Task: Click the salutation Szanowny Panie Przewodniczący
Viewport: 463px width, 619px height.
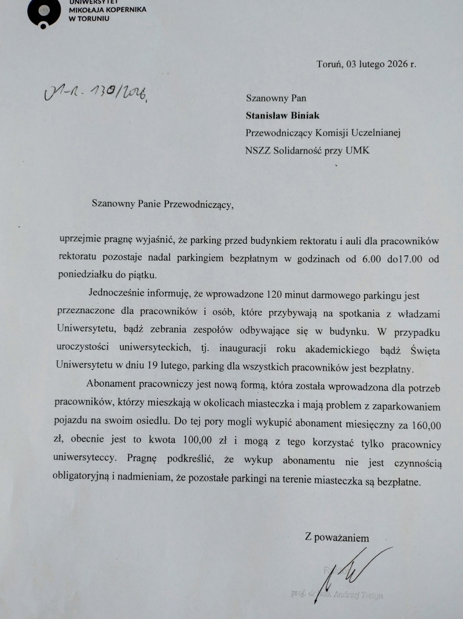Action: tap(164, 203)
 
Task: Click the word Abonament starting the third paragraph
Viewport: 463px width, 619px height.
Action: tap(112, 384)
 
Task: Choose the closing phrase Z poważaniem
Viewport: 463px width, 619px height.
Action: tap(337, 538)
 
